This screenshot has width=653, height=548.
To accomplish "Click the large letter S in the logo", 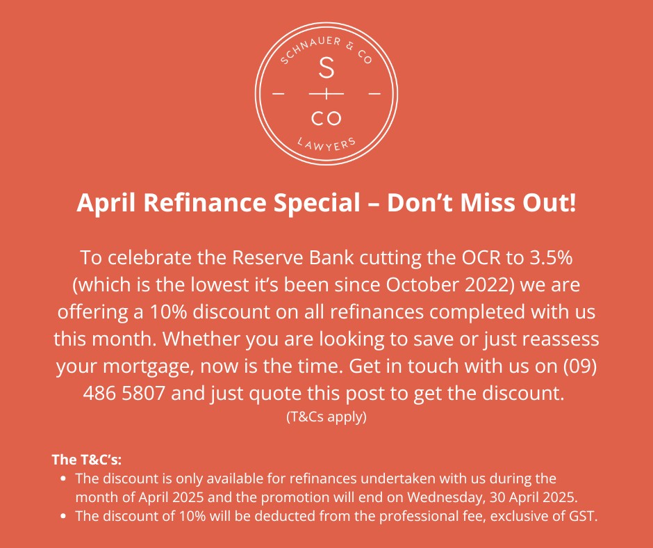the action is [x=326, y=68].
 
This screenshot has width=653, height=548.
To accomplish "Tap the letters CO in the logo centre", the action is [x=326, y=118].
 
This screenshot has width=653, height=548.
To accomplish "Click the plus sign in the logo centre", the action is [x=326, y=94].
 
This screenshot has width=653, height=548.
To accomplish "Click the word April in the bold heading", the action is [x=106, y=203].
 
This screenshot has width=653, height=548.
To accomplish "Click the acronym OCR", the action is [x=481, y=257].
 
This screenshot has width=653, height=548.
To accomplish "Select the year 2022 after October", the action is [x=487, y=285].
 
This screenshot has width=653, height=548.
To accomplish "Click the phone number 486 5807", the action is [x=124, y=393].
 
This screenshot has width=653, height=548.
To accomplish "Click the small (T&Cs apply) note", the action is [x=326, y=417].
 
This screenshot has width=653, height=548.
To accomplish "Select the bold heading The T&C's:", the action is [x=87, y=460].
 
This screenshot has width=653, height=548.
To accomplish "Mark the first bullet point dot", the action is [x=63, y=478].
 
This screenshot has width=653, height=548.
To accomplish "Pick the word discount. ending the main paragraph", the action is [x=523, y=393].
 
